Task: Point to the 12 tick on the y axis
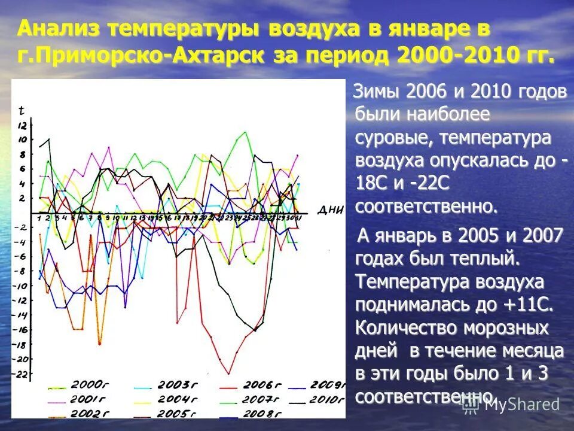pyautogui.click(x=23, y=126)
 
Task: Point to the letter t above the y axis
pyautogui.click(x=22, y=111)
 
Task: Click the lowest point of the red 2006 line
pyautogui.click(x=228, y=373)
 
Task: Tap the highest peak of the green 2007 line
pyautogui.click(x=245, y=132)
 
